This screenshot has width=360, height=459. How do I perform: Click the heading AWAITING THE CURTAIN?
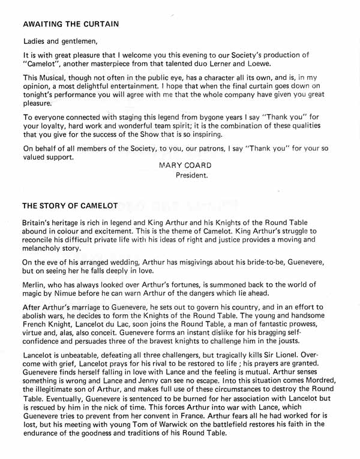click(71, 25)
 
